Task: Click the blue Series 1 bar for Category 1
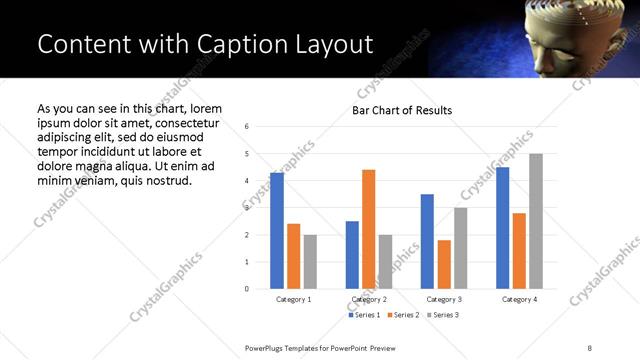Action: coord(277,231)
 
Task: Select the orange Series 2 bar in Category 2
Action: coord(368,229)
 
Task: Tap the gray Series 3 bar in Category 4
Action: coord(535,221)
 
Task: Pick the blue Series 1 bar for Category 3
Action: coord(427,241)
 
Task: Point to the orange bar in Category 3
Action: coord(444,264)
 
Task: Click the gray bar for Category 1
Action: coord(310,262)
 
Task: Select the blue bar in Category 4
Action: coord(502,228)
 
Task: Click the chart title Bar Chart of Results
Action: coord(402,110)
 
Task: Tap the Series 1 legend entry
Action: coord(363,315)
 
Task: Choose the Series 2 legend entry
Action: coord(402,315)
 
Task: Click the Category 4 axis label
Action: coord(519,300)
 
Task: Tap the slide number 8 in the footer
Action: coord(590,348)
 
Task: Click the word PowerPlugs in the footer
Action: coord(269,348)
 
